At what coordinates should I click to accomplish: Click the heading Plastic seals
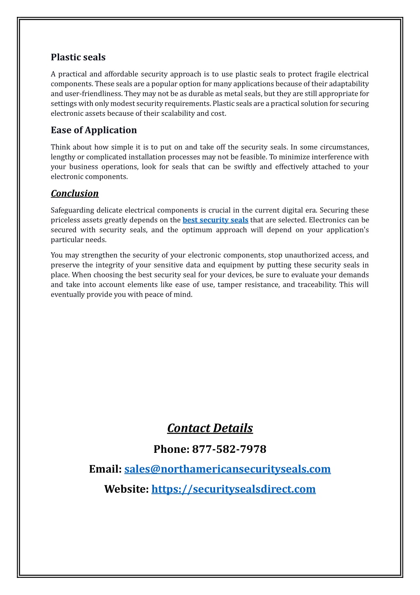[x=78, y=57]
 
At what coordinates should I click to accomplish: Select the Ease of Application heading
[x=94, y=130]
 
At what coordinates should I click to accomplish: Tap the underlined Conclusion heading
[x=75, y=193]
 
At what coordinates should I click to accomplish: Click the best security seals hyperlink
[x=215, y=220]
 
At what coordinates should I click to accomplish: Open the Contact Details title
[x=210, y=428]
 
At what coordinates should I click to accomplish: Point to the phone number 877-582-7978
[x=229, y=449]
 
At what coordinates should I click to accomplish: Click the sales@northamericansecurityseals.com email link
[x=227, y=469]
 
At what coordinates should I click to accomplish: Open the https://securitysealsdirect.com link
[x=233, y=489]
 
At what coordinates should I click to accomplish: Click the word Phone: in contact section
[x=171, y=449]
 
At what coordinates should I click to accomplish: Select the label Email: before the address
[x=105, y=469]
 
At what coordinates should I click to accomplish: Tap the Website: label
[x=126, y=489]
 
